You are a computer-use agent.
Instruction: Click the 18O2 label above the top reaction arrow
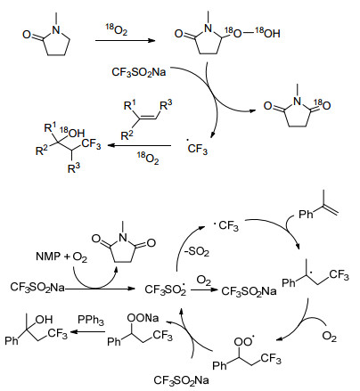[x=117, y=29]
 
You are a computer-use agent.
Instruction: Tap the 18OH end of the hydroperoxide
[x=267, y=33]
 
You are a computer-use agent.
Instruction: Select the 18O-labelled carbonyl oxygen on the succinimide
[x=323, y=104]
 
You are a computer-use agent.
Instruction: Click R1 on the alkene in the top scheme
[x=130, y=105]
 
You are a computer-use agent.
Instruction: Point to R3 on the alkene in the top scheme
[x=166, y=105]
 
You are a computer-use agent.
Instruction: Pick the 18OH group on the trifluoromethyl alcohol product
[x=72, y=133]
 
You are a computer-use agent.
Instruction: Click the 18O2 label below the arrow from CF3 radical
[x=148, y=159]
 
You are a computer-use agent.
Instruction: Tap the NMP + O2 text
[x=61, y=257]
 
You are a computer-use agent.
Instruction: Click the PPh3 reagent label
[x=91, y=320]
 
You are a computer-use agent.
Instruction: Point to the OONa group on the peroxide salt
[x=143, y=318]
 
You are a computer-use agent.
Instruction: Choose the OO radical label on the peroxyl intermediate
[x=244, y=341]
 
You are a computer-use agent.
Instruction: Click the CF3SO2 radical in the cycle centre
[x=166, y=289]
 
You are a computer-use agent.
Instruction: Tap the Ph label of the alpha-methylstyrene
[x=306, y=214]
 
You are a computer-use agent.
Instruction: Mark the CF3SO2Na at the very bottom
[x=181, y=380]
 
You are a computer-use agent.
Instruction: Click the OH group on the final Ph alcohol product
[x=44, y=320]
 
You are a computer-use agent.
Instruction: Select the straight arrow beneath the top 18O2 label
[x=126, y=40]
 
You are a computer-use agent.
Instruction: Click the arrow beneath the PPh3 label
[x=87, y=331]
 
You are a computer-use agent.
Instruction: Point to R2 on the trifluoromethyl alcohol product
[x=42, y=151]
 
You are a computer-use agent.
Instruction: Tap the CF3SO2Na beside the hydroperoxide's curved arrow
[x=138, y=72]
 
